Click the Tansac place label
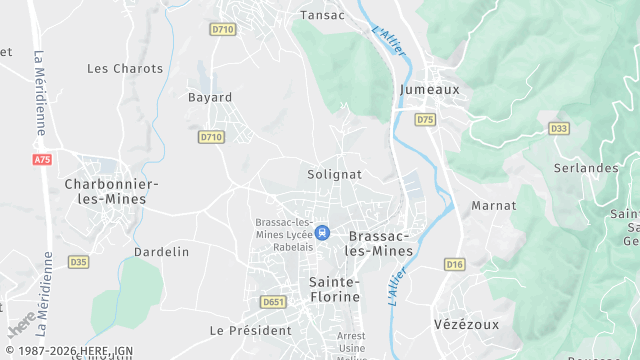click(x=323, y=15)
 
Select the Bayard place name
click(x=210, y=98)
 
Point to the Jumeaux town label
click(x=429, y=89)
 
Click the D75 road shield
click(x=426, y=120)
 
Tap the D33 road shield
click(x=559, y=128)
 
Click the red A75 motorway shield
click(x=41, y=160)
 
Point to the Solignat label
click(x=334, y=174)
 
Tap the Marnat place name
click(x=494, y=205)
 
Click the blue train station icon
click(x=322, y=232)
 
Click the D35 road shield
click(x=78, y=262)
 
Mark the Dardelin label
click(x=161, y=252)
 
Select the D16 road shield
click(x=455, y=264)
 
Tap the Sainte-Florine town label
click(x=334, y=289)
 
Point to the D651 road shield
click(x=272, y=302)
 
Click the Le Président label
click(x=249, y=329)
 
